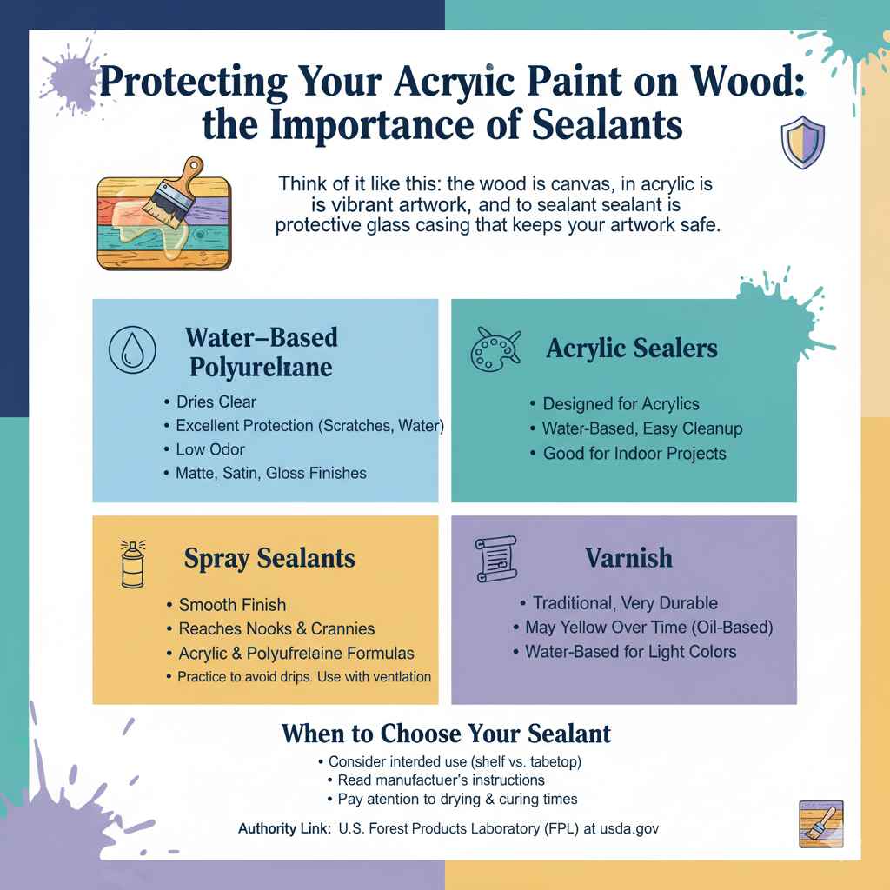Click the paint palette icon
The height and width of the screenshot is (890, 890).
[494, 349]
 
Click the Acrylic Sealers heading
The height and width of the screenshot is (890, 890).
[632, 349]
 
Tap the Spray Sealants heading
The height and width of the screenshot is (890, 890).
[269, 558]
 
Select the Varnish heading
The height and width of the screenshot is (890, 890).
[629, 557]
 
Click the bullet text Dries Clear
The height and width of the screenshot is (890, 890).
[216, 402]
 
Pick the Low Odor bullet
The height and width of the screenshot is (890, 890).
[209, 449]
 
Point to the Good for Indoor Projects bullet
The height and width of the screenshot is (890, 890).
[634, 453]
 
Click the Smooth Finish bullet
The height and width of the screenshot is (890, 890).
[231, 605]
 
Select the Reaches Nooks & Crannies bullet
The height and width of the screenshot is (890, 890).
[276, 628]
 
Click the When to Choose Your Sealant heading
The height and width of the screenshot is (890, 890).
[446, 734]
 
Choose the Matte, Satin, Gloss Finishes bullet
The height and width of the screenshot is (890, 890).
[270, 474]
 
